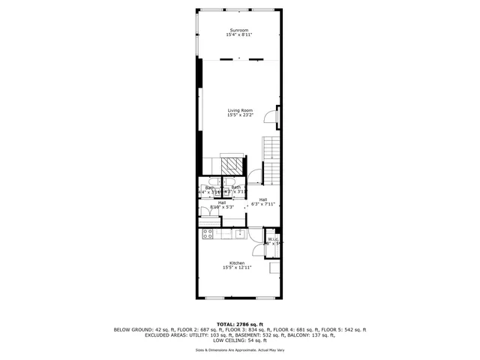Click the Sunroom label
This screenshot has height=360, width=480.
tap(239, 31)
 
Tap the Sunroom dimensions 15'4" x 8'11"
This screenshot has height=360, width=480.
tap(239, 36)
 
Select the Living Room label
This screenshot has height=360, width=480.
tap(240, 111)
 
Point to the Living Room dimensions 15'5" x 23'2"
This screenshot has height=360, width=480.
tap(240, 115)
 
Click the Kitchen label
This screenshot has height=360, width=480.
tap(237, 263)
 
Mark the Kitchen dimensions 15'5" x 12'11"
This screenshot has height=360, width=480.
tap(237, 268)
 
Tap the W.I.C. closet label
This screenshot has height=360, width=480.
tap(273, 239)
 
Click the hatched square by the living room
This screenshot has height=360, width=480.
tap(235, 166)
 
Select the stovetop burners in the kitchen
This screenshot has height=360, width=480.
tap(208, 234)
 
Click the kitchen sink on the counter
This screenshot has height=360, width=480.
tap(240, 234)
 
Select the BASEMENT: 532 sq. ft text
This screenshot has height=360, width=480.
tap(276, 335)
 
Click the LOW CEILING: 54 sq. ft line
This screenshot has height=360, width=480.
tap(240, 340)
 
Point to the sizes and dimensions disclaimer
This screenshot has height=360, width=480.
tap(240, 350)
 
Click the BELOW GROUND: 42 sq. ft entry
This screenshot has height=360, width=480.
tap(136, 330)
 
